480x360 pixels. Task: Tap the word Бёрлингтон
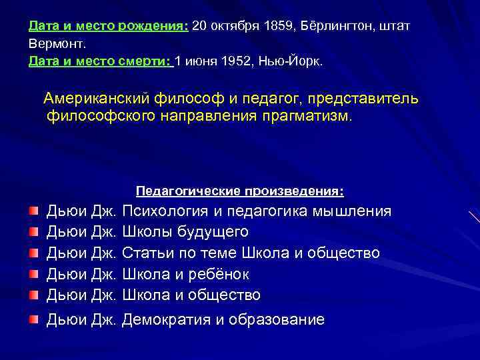click(x=338, y=26)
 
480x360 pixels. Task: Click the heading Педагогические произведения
click(x=240, y=191)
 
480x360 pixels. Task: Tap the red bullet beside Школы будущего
click(x=33, y=232)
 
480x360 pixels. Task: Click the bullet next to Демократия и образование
click(x=33, y=319)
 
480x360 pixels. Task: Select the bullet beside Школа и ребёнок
click(x=33, y=274)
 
